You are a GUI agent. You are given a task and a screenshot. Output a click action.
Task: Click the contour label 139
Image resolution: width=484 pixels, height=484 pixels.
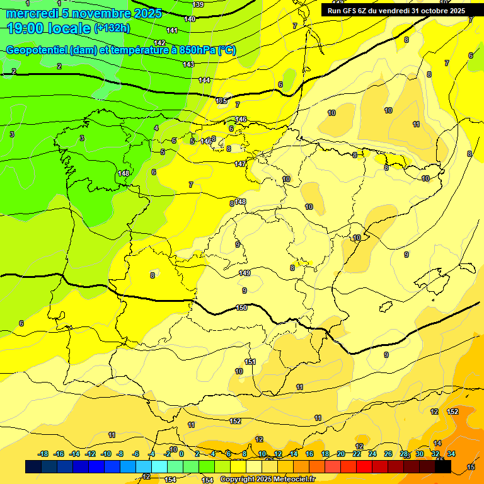click(198, 4)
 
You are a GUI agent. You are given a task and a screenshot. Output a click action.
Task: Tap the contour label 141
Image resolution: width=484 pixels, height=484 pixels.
click(172, 30)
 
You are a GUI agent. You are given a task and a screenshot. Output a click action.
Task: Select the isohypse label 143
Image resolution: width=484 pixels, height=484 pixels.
click(188, 64)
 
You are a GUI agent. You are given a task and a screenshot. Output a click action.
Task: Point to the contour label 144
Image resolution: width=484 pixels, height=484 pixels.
click(205, 80)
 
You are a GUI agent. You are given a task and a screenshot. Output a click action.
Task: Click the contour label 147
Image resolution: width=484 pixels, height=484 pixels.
click(240, 164)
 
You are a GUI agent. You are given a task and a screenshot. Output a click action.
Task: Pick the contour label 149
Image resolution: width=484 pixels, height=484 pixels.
click(245, 273)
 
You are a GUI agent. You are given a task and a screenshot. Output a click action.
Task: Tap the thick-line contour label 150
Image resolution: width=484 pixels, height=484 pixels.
click(241, 308)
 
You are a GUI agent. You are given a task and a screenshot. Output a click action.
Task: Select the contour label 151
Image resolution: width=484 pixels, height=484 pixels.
click(250, 362)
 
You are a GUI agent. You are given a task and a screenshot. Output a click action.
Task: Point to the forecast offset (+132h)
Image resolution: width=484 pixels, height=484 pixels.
click(112, 28)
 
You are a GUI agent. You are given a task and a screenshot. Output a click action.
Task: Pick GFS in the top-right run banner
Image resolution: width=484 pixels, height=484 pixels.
click(355, 11)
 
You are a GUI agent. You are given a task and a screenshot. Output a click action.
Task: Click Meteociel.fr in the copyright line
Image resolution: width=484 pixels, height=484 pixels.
click(292, 480)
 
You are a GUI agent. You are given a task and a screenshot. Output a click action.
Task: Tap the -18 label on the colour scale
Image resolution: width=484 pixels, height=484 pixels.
click(43, 454)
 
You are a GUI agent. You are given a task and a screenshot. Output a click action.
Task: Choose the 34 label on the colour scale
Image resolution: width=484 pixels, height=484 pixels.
click(451, 454)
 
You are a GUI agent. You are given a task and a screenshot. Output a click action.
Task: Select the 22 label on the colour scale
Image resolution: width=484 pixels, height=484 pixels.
click(357, 454)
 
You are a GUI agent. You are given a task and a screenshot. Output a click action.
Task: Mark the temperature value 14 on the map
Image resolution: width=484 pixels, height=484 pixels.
click(437, 443)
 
